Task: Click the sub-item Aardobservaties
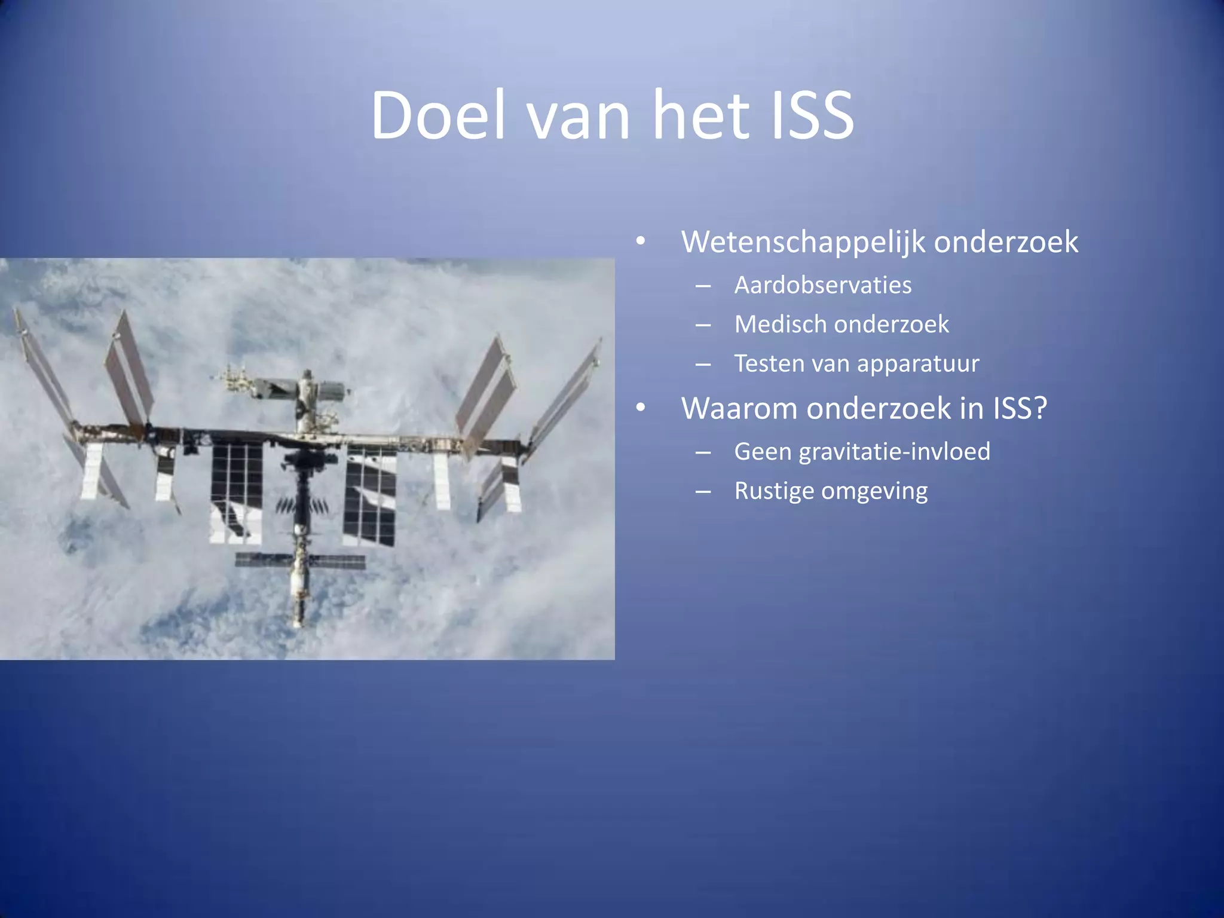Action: pos(822,285)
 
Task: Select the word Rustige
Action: pos(774,491)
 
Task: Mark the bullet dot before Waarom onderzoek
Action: pos(641,408)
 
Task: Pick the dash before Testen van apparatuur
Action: pos(703,365)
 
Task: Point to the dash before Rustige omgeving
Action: pos(703,492)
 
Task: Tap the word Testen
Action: pos(768,364)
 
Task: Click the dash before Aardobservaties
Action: pos(703,286)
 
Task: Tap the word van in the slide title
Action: pos(579,120)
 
